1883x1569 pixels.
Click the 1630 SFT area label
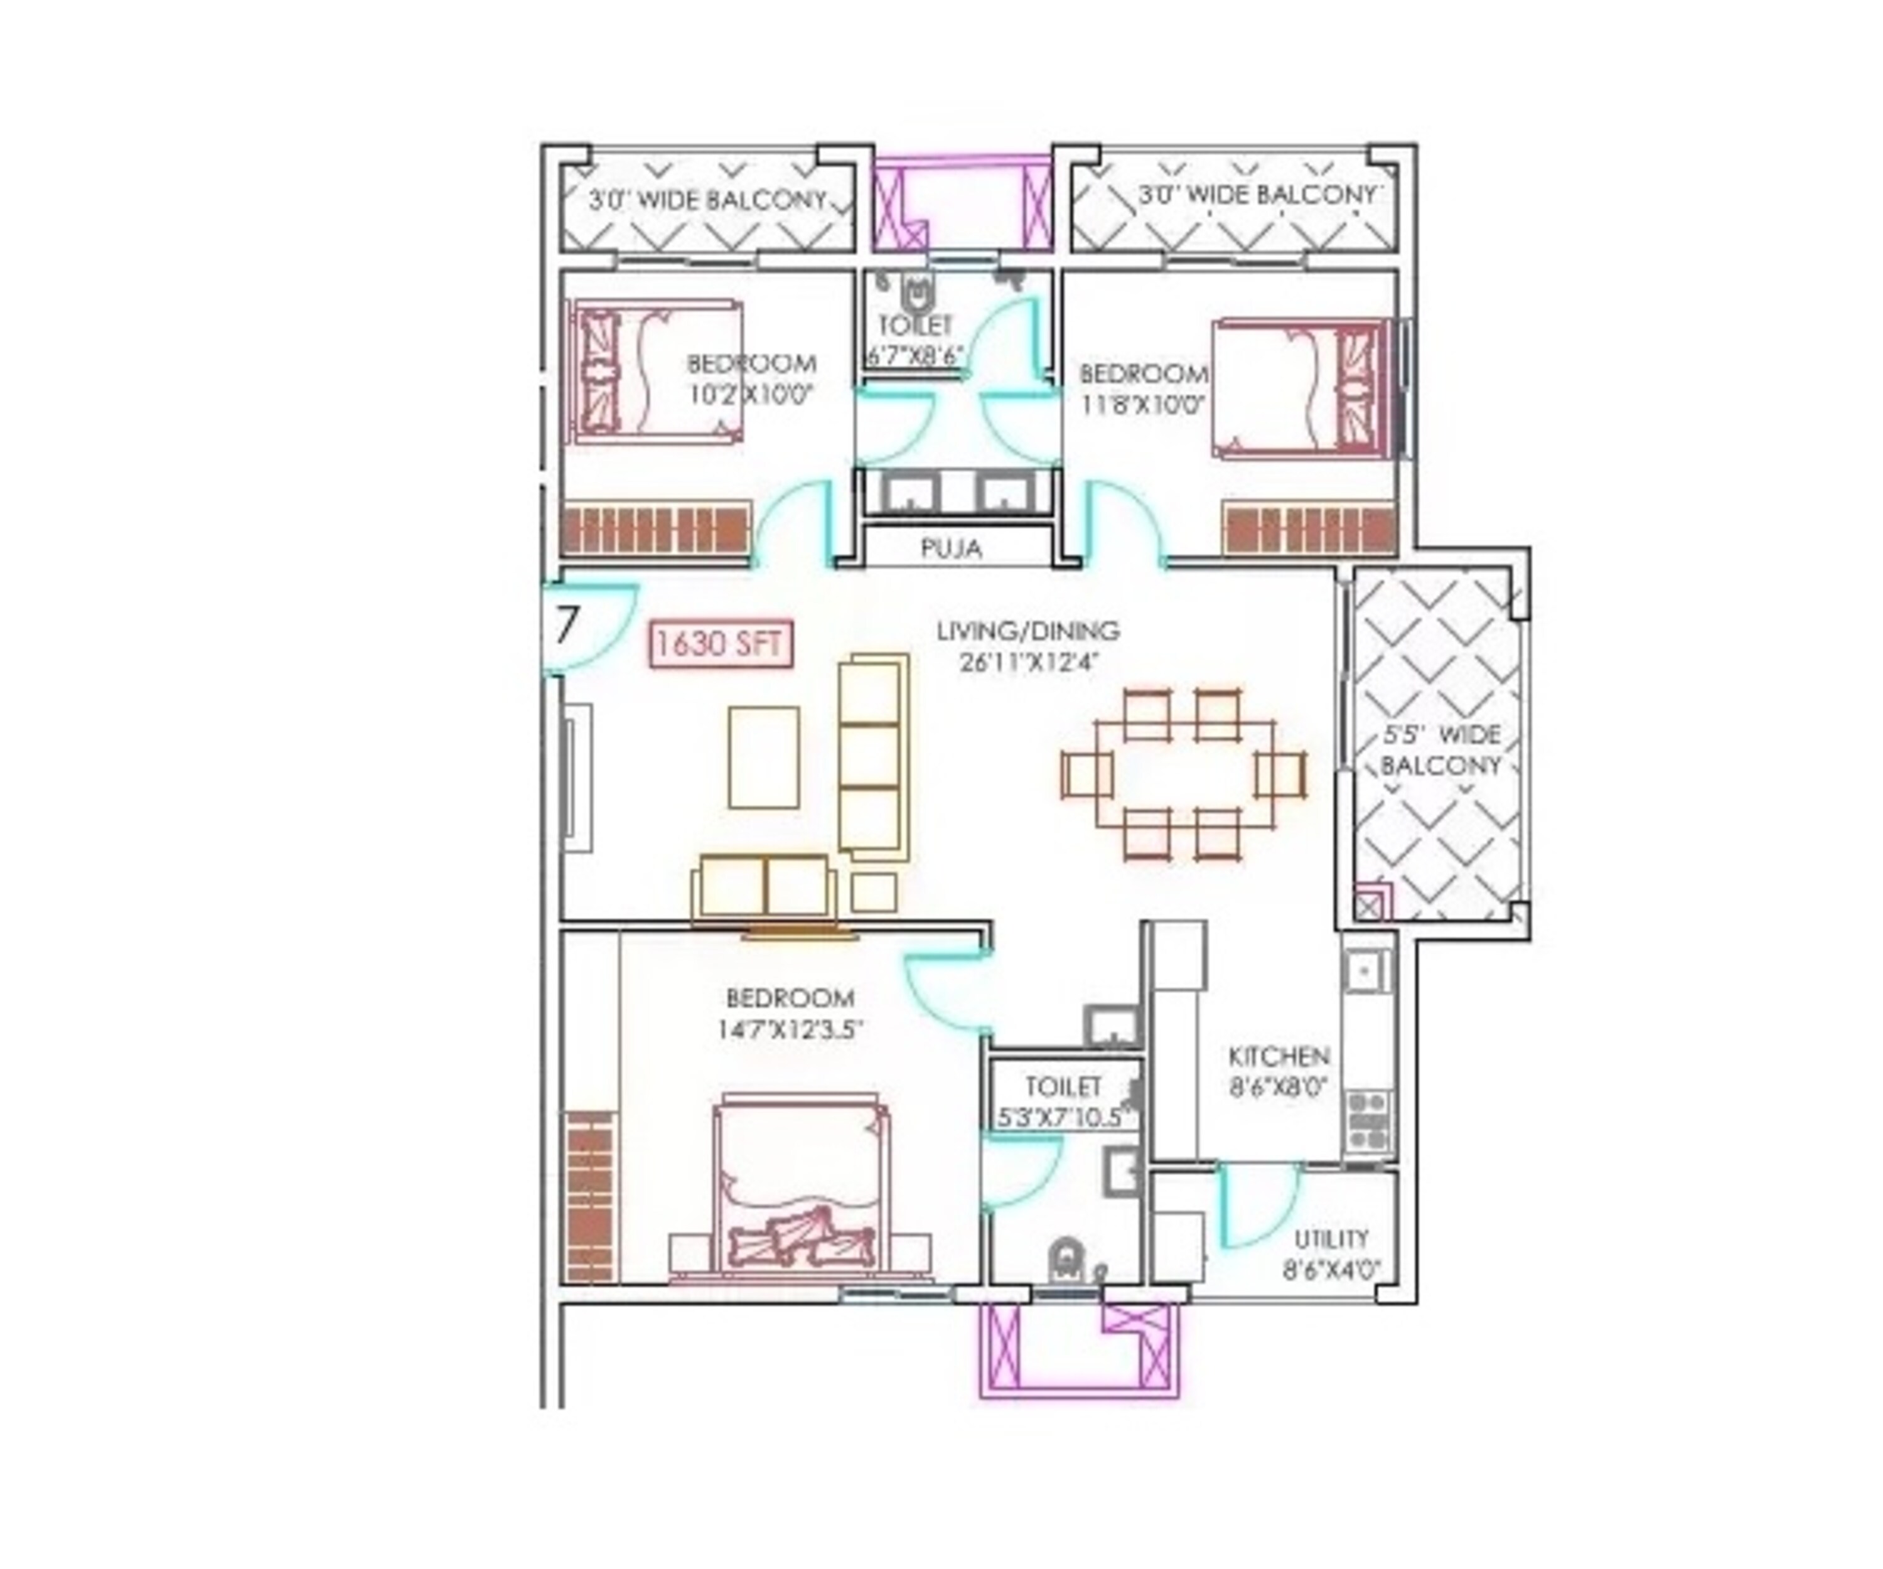tap(722, 644)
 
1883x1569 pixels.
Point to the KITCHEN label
tap(1279, 1055)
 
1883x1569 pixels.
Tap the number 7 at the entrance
tap(566, 626)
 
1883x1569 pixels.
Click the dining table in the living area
tap(1184, 774)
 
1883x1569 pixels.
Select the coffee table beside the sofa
tap(764, 758)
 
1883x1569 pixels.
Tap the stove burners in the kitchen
tap(1368, 1120)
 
